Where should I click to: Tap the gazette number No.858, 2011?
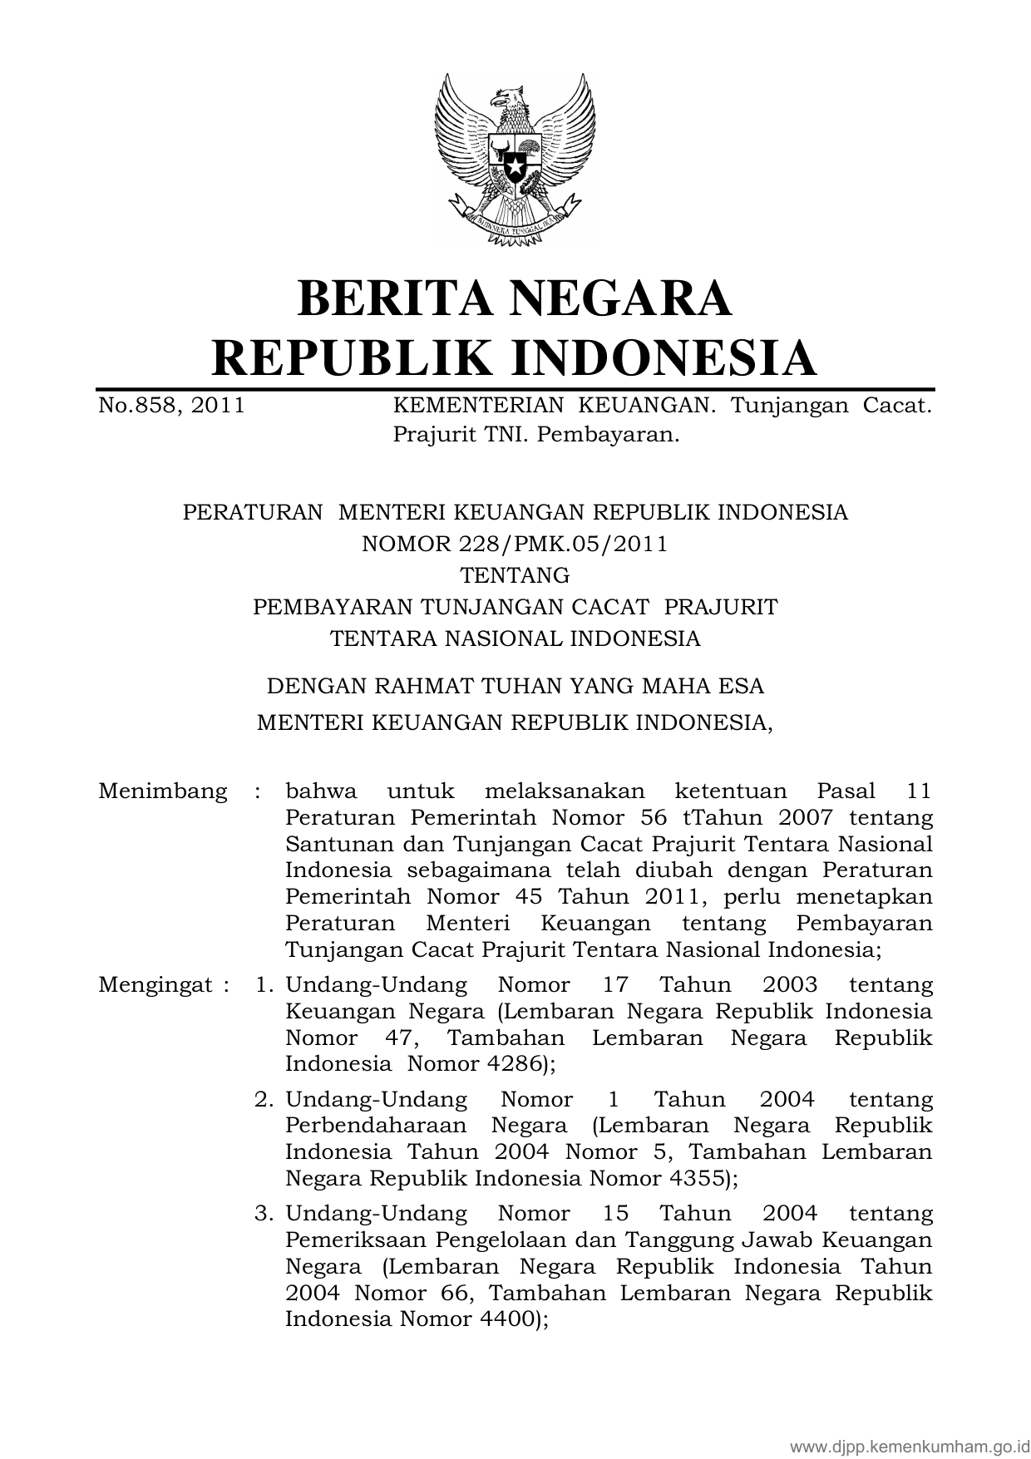[x=171, y=406]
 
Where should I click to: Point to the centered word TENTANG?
[x=515, y=575]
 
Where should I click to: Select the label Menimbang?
[x=162, y=791]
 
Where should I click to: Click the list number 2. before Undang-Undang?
[x=264, y=1099]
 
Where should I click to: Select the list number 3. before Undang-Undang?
[x=264, y=1214]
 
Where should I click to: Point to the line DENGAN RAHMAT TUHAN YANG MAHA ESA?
[x=515, y=687]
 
